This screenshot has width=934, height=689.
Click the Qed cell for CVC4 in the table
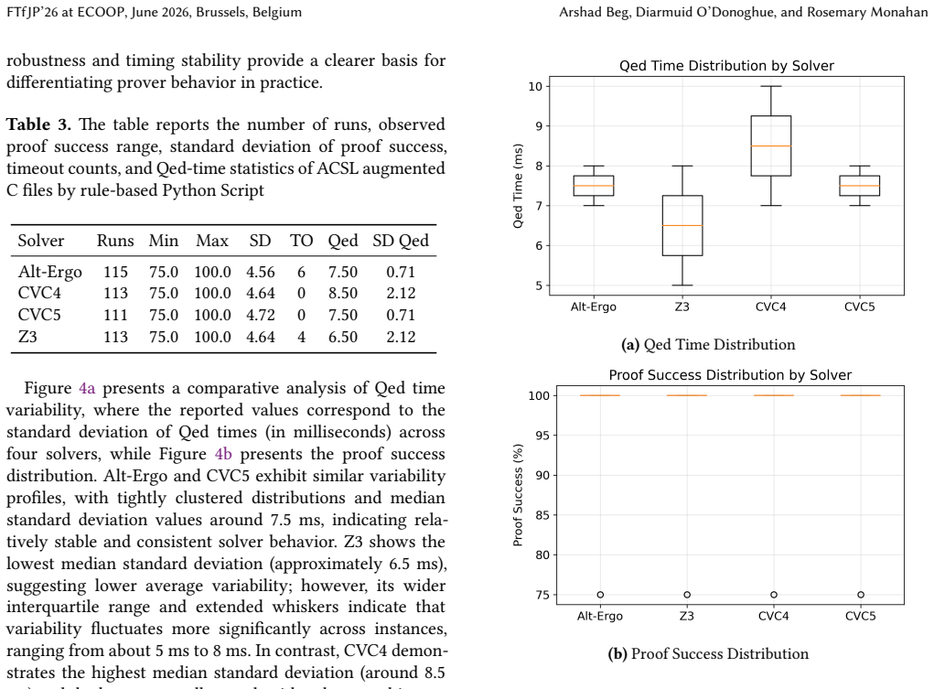pos(342,293)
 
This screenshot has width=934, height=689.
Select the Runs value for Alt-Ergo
pos(115,272)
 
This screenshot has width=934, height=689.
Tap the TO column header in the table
pos(301,241)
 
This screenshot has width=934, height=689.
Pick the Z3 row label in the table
pos(27,337)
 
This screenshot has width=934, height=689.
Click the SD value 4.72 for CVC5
pos(261,315)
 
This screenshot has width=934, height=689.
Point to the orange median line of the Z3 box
pos(682,225)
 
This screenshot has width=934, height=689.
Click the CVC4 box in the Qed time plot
pos(771,146)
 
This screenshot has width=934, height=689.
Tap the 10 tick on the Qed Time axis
pos(535,86)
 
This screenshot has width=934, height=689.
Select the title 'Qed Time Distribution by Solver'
pos(726,66)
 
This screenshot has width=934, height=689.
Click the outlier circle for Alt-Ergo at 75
pos(600,594)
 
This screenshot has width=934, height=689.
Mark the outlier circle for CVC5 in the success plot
pos(861,594)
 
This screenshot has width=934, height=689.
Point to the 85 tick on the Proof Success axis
pos(542,515)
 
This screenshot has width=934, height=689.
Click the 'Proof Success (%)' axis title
pos(518,495)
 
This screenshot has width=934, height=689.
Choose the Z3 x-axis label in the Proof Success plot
pos(687,616)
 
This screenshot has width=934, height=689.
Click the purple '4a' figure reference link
pos(87,388)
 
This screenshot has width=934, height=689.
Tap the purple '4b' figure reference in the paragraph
pos(223,454)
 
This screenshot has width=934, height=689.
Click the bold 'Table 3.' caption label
pos(38,124)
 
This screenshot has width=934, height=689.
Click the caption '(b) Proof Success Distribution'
pos(708,654)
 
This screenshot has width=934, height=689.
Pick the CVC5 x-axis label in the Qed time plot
pos(860,307)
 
